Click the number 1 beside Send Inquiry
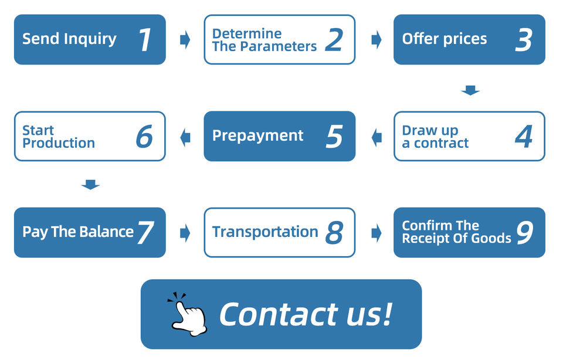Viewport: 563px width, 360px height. click(145, 40)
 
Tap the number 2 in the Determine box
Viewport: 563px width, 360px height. click(334, 40)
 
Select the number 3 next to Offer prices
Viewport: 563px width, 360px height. click(524, 40)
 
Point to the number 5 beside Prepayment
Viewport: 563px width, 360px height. click(334, 137)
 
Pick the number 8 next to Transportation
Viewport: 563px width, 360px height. click(334, 233)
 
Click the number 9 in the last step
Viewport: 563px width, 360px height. click(524, 233)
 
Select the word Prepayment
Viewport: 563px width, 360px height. click(257, 136)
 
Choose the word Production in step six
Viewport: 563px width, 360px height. click(59, 143)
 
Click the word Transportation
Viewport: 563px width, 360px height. click(265, 232)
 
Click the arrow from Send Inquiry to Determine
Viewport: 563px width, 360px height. click(185, 40)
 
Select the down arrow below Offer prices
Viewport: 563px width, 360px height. click(470, 90)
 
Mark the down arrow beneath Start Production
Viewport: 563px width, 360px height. click(90, 185)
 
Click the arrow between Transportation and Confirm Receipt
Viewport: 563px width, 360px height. click(376, 233)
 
